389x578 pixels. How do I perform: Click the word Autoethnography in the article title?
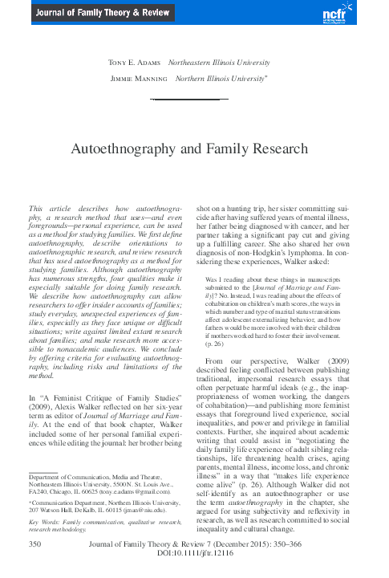pyautogui.click(x=140, y=149)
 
